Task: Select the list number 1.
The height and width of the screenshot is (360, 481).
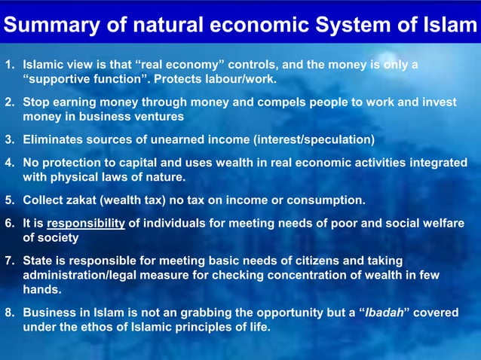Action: pyautogui.click(x=9, y=65)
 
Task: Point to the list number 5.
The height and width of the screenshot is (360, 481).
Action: pyautogui.click(x=9, y=200)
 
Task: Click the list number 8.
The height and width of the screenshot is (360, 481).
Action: pyautogui.click(x=9, y=313)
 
